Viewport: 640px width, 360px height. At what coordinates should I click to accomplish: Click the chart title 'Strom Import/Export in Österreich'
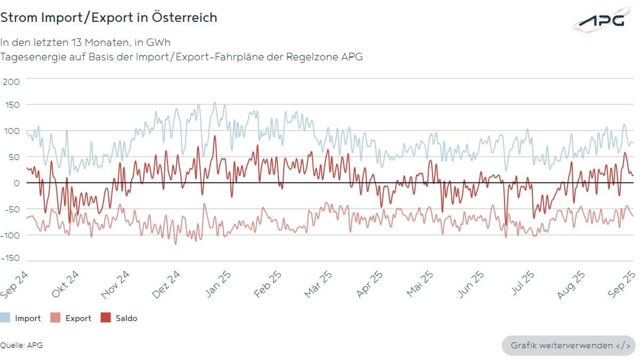[109, 18]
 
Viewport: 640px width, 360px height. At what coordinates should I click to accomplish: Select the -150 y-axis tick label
[11, 258]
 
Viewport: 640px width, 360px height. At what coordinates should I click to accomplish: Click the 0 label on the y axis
[16, 183]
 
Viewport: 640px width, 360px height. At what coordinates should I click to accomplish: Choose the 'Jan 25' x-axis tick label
[218, 283]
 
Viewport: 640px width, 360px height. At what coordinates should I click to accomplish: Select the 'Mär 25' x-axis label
[319, 283]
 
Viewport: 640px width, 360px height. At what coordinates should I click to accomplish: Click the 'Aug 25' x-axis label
[571, 283]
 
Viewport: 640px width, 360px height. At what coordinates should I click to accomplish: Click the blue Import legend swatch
[5, 318]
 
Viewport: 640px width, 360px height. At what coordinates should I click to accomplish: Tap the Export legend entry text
[78, 318]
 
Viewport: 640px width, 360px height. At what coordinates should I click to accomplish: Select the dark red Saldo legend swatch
[106, 318]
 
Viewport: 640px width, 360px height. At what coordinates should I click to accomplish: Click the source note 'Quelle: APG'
[21, 345]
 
